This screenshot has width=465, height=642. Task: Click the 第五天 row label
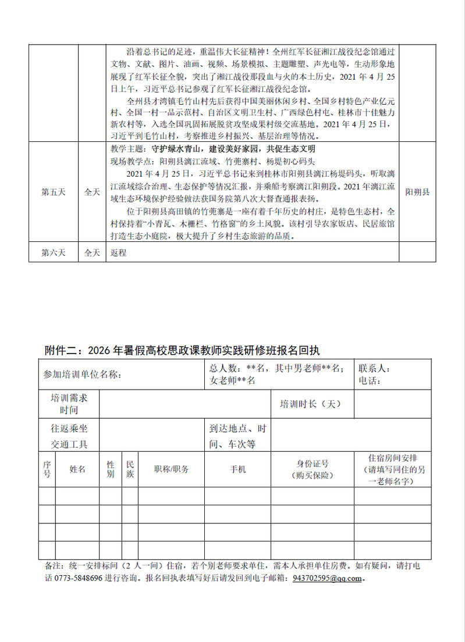click(53, 192)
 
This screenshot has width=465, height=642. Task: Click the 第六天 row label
click(53, 253)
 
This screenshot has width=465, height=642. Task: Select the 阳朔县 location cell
click(417, 192)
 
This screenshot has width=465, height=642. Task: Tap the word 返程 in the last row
click(118, 253)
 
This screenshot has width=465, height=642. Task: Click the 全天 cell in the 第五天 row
click(92, 192)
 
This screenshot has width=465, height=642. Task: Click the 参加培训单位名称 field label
click(82, 374)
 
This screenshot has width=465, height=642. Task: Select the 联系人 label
click(375, 369)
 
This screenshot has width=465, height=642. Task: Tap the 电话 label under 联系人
click(370, 381)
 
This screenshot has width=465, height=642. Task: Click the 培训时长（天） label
click(310, 404)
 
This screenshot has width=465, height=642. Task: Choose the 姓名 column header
click(77, 469)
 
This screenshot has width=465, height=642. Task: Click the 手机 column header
click(239, 469)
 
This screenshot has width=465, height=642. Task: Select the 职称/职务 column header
click(171, 469)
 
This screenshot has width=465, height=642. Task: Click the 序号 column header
click(47, 469)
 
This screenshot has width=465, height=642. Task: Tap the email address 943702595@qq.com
click(328, 579)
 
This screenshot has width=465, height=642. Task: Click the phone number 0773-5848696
click(79, 579)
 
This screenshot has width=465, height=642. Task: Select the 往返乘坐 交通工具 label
click(69, 436)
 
